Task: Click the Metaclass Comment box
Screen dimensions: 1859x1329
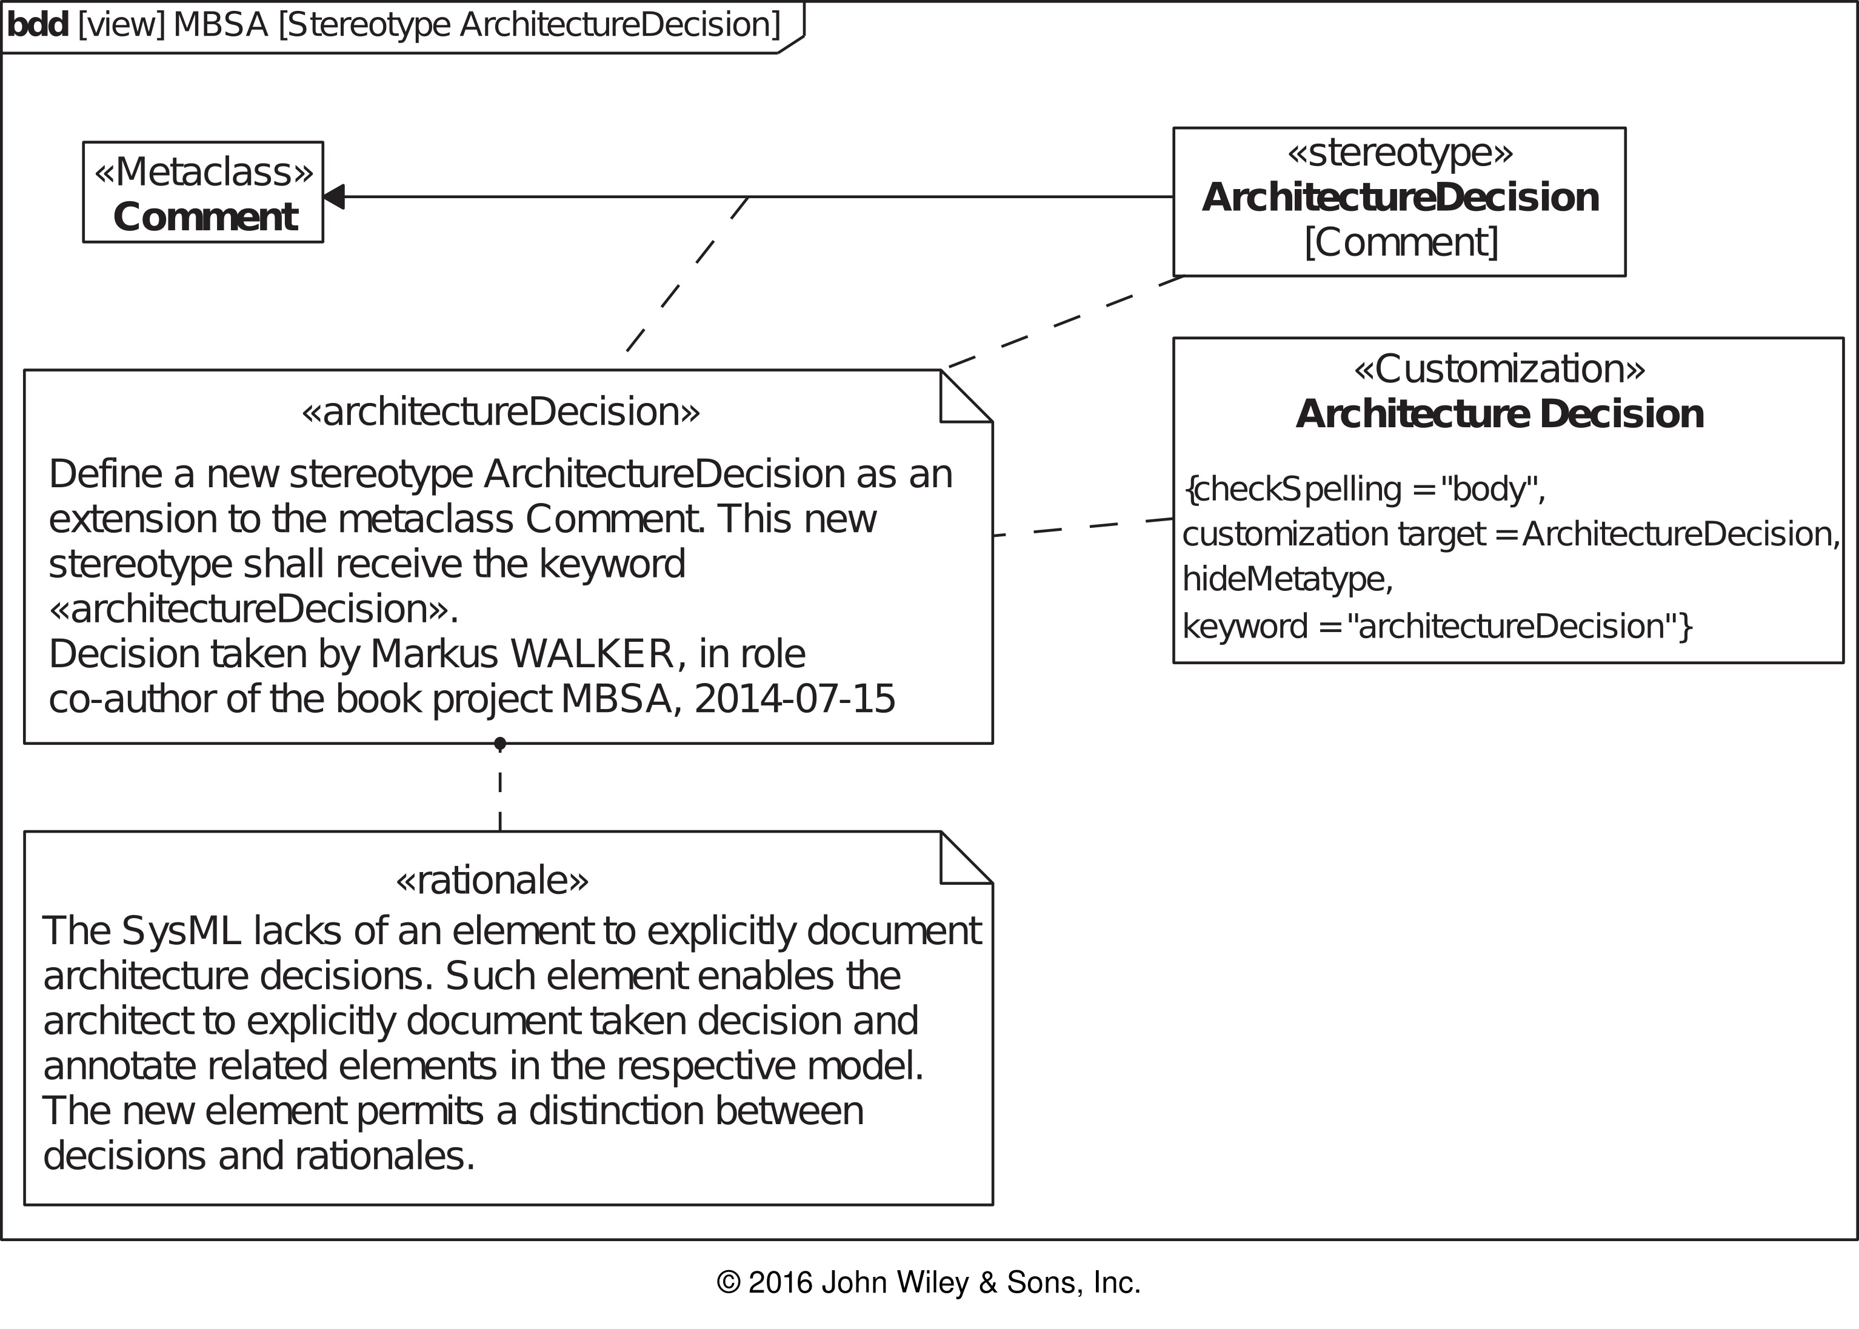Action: click(x=203, y=192)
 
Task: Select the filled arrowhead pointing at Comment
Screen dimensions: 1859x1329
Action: click(x=334, y=196)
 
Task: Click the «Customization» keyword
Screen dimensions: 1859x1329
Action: click(x=1500, y=369)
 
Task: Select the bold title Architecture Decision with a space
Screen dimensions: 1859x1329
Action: click(x=1500, y=414)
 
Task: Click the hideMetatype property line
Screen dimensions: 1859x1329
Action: click(x=1287, y=579)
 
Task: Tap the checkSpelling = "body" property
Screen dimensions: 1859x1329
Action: click(x=1364, y=490)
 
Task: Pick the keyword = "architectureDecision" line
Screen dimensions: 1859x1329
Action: click(x=1437, y=626)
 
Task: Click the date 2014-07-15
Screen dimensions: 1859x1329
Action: click(x=795, y=700)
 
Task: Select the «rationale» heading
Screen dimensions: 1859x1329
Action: click(x=492, y=881)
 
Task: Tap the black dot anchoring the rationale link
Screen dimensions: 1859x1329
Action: click(x=500, y=743)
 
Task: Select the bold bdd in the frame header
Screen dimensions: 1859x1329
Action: click(x=38, y=25)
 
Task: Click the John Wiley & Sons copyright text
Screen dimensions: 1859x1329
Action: click(x=928, y=1283)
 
